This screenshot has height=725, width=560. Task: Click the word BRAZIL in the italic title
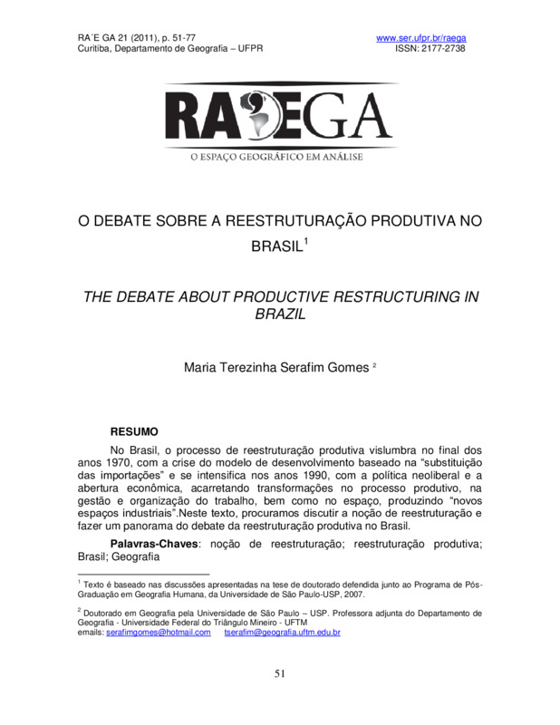279,315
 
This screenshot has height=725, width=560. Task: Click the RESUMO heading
134,431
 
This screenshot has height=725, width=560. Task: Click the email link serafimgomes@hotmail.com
158,632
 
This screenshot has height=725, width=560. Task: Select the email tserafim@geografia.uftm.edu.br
282,632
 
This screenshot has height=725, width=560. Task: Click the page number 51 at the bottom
280,672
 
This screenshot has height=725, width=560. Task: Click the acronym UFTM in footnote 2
294,623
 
